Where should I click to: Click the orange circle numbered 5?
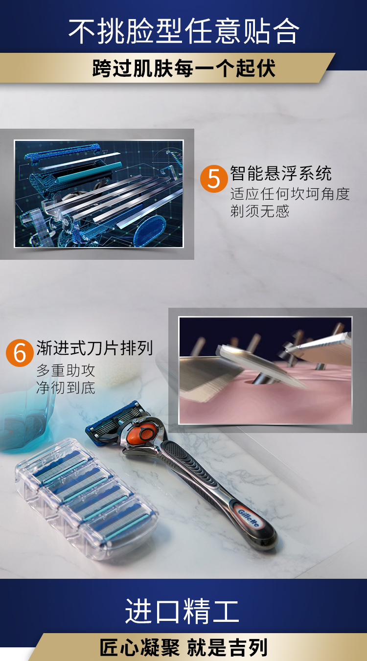pos(213,179)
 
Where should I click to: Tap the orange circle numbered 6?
pos(20,353)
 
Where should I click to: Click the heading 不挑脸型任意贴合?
pos(183,31)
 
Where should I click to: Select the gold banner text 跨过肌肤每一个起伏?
pos(184,68)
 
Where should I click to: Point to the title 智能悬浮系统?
pos(281,173)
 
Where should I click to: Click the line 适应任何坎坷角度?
pos(290,194)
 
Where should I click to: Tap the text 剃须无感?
pos(260,211)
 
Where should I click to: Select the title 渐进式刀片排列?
pos(94,348)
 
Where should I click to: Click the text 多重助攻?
pos(66,370)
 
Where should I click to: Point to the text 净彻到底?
pos(66,388)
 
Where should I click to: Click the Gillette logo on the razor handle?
pos(248,519)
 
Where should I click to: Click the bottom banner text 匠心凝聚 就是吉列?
pos(183,648)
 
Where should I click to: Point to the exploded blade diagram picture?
pos(99,194)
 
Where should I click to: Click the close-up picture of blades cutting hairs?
pos(266,370)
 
